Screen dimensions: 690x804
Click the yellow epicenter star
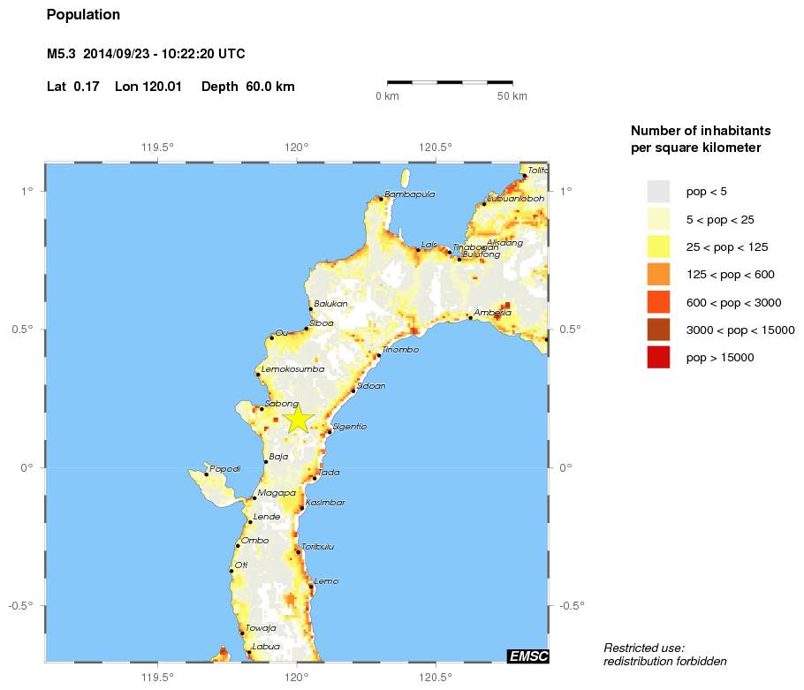(299, 419)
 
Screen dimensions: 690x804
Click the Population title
(83, 15)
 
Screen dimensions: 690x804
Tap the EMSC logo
(527, 656)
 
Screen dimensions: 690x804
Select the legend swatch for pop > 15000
(658, 358)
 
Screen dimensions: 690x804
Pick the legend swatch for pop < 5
(658, 192)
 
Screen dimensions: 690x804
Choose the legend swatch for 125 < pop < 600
(658, 275)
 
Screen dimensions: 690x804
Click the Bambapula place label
(409, 194)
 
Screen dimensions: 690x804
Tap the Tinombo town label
(400, 350)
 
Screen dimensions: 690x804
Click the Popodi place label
(224, 469)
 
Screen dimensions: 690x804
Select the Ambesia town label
(492, 313)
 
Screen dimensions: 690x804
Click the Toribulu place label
(318, 547)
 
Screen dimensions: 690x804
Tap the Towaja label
(261, 628)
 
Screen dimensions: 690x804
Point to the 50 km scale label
(512, 96)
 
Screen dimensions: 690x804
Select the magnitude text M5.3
(61, 55)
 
